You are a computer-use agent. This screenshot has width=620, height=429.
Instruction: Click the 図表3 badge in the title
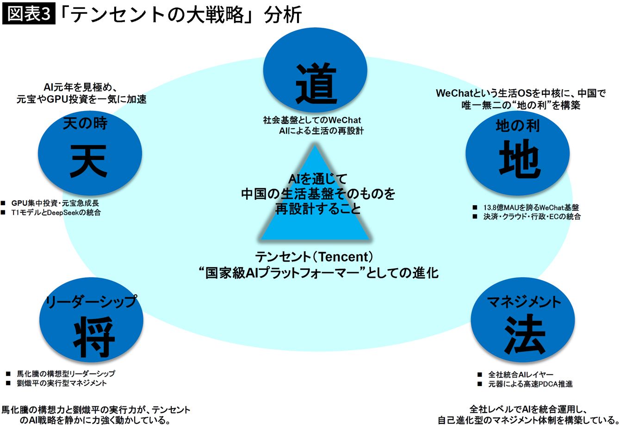coord(29,14)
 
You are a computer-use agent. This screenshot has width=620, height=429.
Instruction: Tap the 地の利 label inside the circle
coord(517,126)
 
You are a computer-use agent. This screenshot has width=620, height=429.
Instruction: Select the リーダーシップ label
coord(91,302)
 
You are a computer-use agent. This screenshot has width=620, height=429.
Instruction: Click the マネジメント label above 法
coord(524,302)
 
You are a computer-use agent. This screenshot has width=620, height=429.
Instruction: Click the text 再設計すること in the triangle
coord(318,209)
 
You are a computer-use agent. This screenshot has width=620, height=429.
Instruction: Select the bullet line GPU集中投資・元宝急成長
coord(55,203)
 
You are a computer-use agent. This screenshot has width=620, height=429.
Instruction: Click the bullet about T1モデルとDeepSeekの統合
coord(56,213)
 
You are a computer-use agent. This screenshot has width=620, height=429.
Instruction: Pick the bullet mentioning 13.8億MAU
coord(531,208)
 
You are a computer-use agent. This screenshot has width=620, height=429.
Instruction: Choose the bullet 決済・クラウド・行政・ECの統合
coord(532,216)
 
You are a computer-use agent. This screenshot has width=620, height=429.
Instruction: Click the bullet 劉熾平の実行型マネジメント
coord(62,383)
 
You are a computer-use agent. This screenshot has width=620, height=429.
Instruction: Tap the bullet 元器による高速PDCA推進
coord(530,384)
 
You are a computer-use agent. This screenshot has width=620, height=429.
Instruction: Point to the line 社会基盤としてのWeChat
coord(312,120)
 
